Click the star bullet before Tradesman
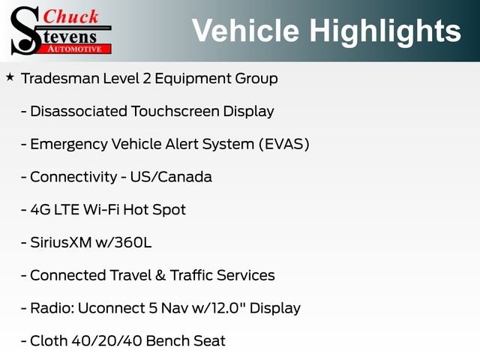[10, 77]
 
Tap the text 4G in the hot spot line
[39, 209]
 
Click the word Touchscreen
[175, 111]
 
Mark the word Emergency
[67, 144]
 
